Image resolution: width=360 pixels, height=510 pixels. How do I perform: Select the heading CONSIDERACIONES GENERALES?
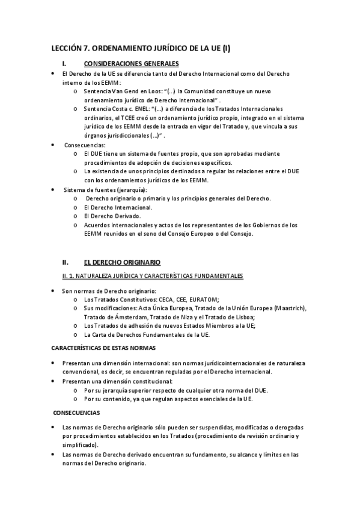tap(131, 63)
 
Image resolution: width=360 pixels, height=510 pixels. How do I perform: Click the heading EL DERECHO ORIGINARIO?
tap(122, 262)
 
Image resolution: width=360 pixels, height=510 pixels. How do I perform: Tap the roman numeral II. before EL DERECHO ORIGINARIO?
tap(67, 262)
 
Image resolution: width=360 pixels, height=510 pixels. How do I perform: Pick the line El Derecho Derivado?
tap(112, 216)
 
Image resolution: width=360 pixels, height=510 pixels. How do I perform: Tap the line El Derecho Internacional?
tap(118, 207)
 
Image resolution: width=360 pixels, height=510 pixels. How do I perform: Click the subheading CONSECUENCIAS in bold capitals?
tap(76, 413)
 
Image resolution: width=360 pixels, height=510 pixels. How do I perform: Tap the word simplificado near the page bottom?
tap(82, 444)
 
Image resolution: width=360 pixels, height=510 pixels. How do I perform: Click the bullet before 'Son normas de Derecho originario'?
tap(54, 290)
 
